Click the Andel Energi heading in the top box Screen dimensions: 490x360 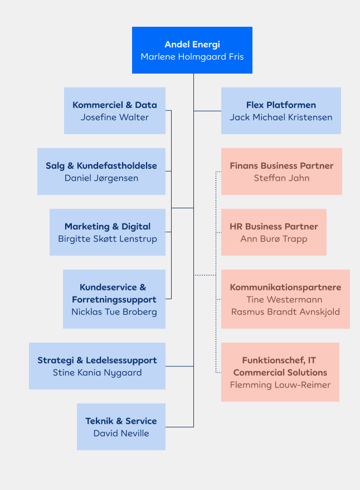192,45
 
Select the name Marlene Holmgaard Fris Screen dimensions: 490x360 192,57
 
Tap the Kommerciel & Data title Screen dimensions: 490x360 115,105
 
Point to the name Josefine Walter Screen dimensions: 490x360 115,117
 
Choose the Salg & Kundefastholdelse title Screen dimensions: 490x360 101,166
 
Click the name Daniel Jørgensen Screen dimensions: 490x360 101,178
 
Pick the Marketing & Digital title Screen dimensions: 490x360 108,226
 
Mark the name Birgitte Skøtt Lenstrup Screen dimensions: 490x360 108,239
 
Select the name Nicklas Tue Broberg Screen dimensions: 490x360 114,312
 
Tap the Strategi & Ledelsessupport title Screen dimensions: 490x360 97,360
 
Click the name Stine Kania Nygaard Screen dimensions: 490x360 97,372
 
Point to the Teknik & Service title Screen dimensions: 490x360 121,421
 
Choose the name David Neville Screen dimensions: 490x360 121,433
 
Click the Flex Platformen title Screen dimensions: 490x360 281,105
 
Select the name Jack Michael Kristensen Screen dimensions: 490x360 281,117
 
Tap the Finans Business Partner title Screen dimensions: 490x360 281,166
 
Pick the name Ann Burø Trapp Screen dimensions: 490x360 274,239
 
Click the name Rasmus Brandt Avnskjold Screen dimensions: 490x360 285,312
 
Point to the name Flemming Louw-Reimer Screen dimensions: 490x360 280,385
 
